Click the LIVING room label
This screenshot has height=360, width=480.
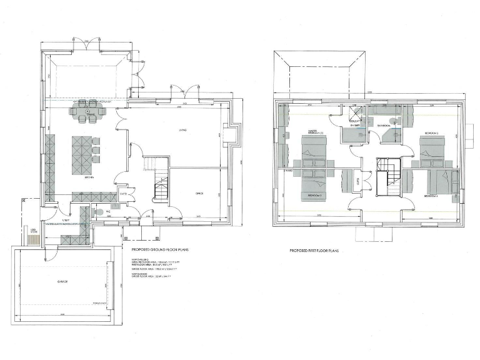click(183, 131)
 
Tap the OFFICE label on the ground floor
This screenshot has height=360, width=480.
click(200, 194)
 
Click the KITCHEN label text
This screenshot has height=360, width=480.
click(89, 177)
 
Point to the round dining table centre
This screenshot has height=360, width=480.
click(88, 112)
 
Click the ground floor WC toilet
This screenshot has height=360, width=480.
click(97, 211)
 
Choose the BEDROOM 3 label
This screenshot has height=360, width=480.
click(314, 196)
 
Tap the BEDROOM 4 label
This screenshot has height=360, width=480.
click(431, 196)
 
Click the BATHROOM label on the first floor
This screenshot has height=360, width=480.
click(384, 126)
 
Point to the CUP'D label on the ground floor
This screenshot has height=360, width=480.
click(123, 193)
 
